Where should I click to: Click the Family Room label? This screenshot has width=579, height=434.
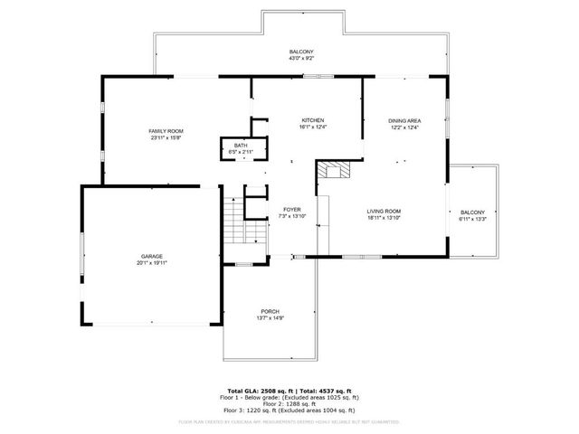point(166,132)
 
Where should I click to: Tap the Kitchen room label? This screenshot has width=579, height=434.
point(313,120)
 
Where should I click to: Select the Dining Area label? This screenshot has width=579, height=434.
point(403,120)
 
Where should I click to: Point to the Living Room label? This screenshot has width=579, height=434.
point(384,211)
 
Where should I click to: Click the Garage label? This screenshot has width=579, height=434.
point(151,256)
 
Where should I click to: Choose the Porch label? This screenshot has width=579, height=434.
point(270,311)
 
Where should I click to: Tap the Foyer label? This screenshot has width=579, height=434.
point(291,209)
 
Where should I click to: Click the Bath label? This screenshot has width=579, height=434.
point(241,146)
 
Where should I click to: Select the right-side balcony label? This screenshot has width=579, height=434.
point(472,212)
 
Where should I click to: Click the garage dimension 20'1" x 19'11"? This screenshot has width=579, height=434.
point(151,263)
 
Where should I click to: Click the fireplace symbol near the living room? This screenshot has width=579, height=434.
point(337,170)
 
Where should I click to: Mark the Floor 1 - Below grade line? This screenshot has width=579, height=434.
point(289,396)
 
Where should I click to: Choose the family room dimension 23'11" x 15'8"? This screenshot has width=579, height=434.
point(166,138)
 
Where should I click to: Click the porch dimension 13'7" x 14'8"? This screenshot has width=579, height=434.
point(270,318)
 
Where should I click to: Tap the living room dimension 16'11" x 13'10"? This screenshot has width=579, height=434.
point(384,218)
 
